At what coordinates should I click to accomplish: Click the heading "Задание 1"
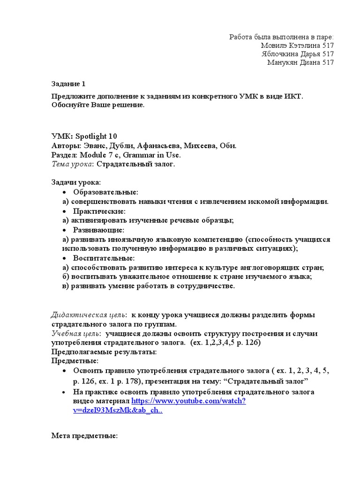pos(68,84)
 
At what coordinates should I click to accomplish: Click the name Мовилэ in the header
pos(275,45)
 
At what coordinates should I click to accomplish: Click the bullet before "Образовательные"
pos(65,193)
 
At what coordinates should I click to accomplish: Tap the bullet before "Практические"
pos(65,211)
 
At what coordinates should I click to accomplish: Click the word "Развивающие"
pos(98,230)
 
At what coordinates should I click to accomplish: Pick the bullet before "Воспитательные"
pos(65,258)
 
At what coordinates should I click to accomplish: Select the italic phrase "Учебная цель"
pos(75,333)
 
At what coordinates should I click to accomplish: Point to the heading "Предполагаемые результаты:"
pos(104,352)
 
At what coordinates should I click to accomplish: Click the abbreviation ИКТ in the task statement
pos(291,96)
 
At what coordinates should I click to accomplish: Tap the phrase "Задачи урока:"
pos(75,182)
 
